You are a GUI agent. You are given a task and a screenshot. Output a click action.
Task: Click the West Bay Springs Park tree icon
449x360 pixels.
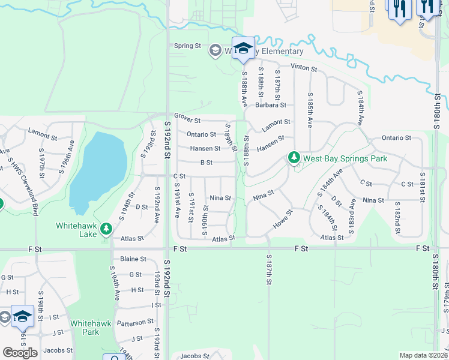(294, 158)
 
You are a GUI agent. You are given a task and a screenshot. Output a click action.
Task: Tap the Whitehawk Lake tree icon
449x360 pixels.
(106, 229)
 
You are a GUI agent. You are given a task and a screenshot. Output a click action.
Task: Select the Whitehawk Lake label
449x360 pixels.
(76, 230)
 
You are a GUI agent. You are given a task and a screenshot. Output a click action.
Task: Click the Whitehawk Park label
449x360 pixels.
(84, 327)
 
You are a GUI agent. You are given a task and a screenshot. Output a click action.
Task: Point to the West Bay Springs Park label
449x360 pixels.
(345, 158)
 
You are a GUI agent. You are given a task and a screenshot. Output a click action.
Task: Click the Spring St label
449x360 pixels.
(187, 46)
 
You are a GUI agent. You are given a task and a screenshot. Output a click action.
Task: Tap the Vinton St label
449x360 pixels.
(303, 68)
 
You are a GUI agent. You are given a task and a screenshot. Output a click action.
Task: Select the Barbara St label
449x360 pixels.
(270, 104)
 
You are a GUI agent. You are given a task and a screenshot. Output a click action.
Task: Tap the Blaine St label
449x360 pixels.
(133, 259)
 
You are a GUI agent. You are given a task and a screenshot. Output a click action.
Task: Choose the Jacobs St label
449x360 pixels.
(58, 350)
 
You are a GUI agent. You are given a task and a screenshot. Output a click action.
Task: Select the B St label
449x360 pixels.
(206, 162)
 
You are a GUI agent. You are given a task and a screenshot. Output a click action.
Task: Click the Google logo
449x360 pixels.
(20, 352)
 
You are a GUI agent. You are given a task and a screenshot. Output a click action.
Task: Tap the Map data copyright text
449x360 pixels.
(423, 355)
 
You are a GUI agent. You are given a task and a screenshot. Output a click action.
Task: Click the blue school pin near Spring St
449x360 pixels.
(243, 48)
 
